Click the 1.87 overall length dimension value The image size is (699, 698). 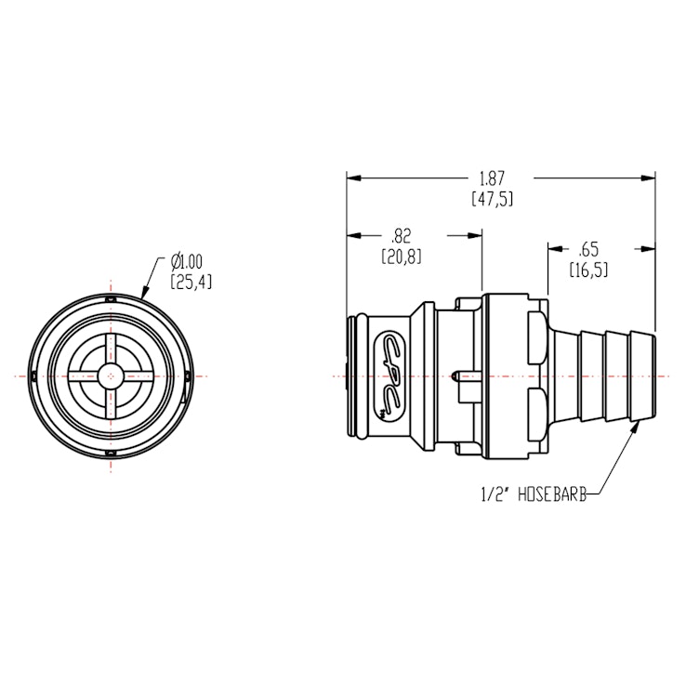pos(493,178)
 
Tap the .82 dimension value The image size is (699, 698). pos(402,236)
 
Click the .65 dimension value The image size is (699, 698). pos(587,249)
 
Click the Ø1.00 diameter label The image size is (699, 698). pos(186,262)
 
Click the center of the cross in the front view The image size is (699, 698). pos(111,375)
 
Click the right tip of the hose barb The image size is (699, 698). pos(654,375)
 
